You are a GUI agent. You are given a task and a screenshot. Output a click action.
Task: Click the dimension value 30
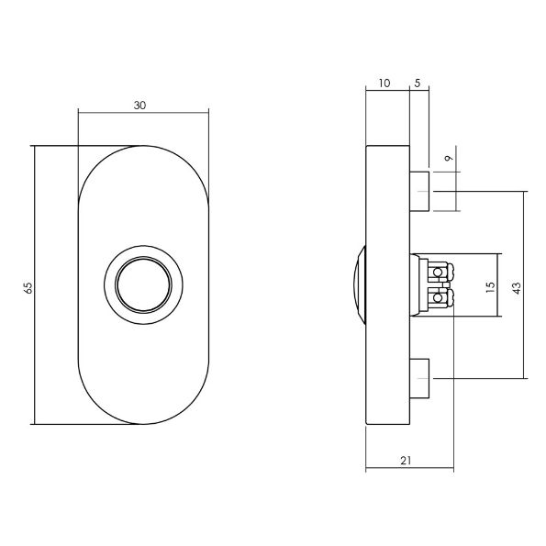click(139, 106)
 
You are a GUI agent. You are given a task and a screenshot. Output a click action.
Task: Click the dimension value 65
click(28, 287)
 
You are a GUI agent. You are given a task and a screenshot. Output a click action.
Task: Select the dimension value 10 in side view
click(383, 84)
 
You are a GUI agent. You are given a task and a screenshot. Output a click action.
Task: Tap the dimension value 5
click(418, 84)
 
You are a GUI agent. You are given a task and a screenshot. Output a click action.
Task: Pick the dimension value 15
click(491, 286)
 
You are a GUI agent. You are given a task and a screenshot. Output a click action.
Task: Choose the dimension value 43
click(517, 287)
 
